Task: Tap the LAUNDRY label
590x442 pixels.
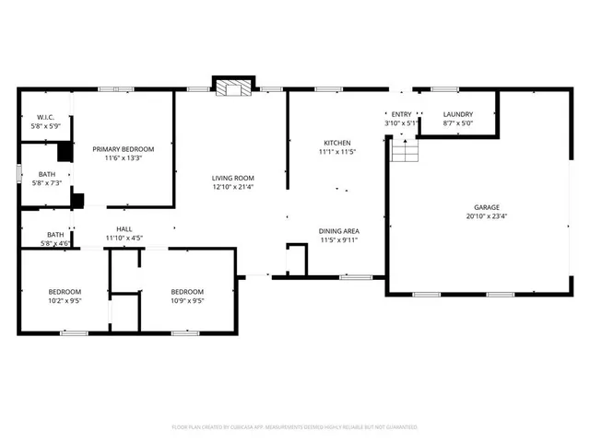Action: pyautogui.click(x=457, y=114)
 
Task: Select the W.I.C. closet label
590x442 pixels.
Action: pyautogui.click(x=46, y=117)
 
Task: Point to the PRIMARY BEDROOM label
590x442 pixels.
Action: pyautogui.click(x=123, y=149)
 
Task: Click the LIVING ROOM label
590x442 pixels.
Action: pyautogui.click(x=232, y=178)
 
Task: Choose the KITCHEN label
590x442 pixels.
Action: pyautogui.click(x=336, y=143)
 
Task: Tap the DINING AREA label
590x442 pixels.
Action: pyautogui.click(x=338, y=230)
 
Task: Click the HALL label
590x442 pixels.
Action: pyautogui.click(x=124, y=229)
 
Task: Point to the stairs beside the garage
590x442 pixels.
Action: pyautogui.click(x=404, y=148)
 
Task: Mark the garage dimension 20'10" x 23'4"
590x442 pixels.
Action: pyautogui.click(x=485, y=217)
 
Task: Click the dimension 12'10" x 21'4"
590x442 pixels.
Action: pyautogui.click(x=232, y=187)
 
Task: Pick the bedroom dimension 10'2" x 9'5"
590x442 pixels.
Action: pyautogui.click(x=65, y=300)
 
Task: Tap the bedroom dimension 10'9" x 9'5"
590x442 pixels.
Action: pyautogui.click(x=186, y=300)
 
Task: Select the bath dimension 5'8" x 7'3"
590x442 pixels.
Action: pyautogui.click(x=46, y=183)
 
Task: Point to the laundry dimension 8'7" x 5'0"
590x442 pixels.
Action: pyautogui.click(x=457, y=122)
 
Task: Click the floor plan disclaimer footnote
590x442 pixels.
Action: pyautogui.click(x=295, y=427)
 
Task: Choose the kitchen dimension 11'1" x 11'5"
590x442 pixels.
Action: pyautogui.click(x=336, y=152)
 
